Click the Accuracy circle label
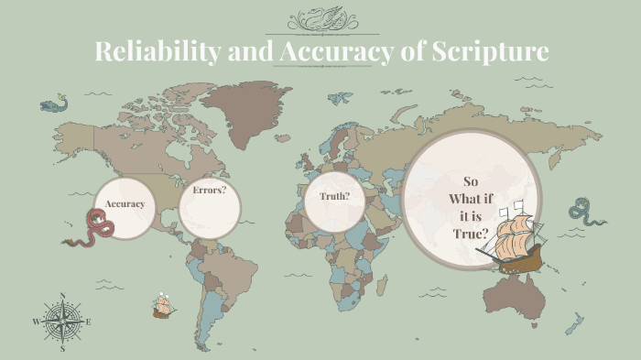(x=125, y=203)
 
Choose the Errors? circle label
(x=210, y=191)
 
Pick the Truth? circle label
(x=335, y=197)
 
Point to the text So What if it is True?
(x=471, y=207)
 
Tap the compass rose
(x=62, y=322)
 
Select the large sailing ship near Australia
(x=514, y=239)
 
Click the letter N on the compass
(x=62, y=295)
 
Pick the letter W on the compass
(x=36, y=322)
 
